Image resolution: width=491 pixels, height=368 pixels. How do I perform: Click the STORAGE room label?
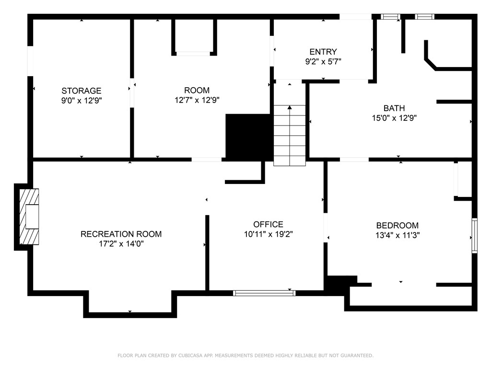pos(82,91)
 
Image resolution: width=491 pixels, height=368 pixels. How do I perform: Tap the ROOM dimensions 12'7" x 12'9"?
pos(197,100)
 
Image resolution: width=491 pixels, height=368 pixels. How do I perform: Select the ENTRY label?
pos(323,52)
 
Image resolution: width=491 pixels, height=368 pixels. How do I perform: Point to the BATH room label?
pos(394,108)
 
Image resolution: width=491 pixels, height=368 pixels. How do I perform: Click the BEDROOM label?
pos(397,225)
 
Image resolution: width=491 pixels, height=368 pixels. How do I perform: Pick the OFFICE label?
pos(268,224)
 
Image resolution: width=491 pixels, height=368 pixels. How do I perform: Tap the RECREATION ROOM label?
pos(121,234)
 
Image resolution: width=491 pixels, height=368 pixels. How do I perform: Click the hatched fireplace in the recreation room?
pos(29,217)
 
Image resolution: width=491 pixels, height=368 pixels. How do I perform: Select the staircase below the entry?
pos(290,135)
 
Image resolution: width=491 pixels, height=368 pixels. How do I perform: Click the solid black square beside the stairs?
pos(249,137)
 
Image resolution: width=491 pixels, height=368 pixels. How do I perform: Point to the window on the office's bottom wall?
pos(264,293)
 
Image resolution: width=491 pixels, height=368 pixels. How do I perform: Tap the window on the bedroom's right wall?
pos(474,235)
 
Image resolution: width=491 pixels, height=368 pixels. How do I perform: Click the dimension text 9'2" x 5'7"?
pos(323,61)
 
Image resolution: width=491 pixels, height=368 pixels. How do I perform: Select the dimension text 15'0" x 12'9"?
pos(394,118)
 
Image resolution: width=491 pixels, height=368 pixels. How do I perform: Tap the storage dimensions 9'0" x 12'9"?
pos(82,100)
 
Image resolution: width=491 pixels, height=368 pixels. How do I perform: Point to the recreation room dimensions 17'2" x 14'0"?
pos(121,243)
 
